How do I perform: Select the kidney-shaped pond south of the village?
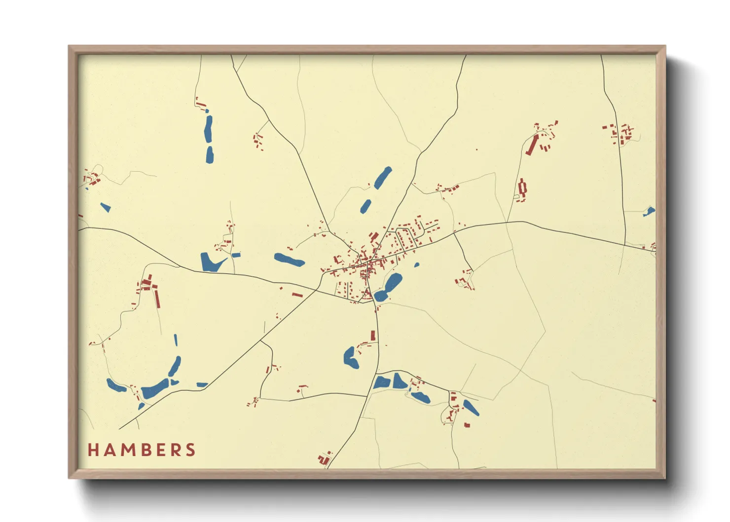(x=351, y=357)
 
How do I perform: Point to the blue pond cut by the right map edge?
(x=650, y=212)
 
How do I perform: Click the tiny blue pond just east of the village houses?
(x=417, y=265)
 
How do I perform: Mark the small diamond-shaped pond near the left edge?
(x=105, y=207)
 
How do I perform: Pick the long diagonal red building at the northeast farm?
(x=532, y=145)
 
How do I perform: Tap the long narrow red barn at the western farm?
(x=158, y=298)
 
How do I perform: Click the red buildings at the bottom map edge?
(x=325, y=459)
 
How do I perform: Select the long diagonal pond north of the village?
(x=383, y=178)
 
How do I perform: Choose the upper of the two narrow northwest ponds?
(x=209, y=127)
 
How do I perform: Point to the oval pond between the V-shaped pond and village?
(x=289, y=260)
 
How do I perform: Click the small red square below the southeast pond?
(x=467, y=424)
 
